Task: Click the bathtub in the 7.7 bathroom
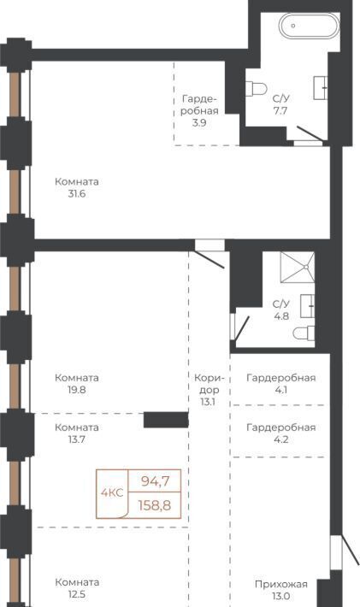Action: (309, 26)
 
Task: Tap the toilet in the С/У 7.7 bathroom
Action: (256, 89)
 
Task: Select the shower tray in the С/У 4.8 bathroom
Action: (298, 267)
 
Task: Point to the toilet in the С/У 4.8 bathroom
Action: (304, 333)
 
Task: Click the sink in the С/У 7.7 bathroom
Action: (321, 88)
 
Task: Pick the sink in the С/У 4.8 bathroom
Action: (307, 306)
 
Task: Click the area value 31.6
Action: (77, 194)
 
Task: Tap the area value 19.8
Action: (77, 390)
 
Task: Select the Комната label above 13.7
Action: (77, 427)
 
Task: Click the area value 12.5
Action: (77, 594)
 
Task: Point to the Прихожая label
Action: (281, 584)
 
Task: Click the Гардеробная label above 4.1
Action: (281, 378)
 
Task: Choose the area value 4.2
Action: (281, 439)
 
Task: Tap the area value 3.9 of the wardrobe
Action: (199, 123)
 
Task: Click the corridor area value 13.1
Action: (208, 402)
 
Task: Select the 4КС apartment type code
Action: (112, 492)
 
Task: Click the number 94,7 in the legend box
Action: (156, 481)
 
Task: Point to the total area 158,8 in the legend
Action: (155, 505)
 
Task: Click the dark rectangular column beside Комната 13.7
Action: (166, 420)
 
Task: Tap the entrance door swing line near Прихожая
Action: (351, 550)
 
